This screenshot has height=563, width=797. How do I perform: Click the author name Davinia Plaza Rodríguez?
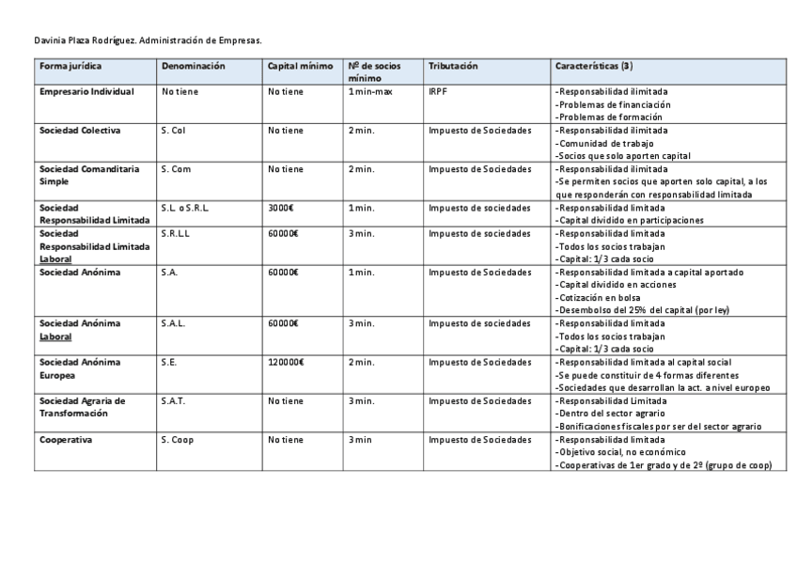coord(85,40)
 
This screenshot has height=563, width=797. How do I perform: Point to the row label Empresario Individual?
coord(86,92)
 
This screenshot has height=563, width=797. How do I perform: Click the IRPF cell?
coord(438,92)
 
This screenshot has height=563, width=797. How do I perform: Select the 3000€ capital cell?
coord(282,207)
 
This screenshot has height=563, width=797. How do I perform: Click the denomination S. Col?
coord(174,130)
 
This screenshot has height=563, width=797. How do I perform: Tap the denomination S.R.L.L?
coord(177,233)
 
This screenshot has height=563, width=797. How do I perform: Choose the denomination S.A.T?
coord(172,400)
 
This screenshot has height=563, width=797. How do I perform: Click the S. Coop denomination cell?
coord(178,439)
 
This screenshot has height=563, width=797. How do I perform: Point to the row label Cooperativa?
coord(66,439)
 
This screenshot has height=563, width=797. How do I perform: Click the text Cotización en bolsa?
coord(602,297)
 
